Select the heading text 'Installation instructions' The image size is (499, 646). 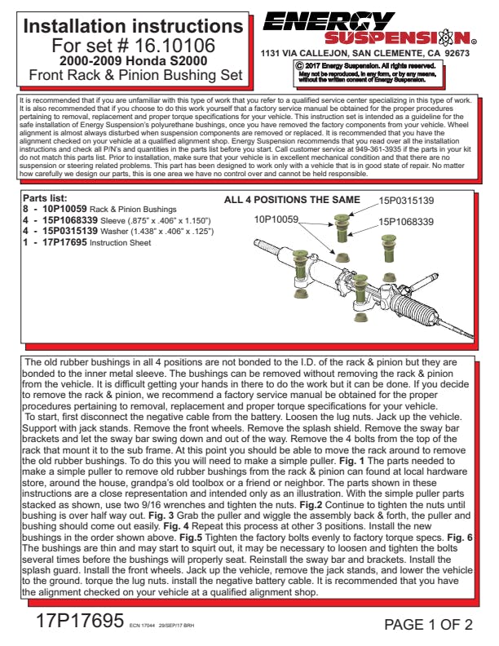pos(134,26)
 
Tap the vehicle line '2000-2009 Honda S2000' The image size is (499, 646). pos(134,60)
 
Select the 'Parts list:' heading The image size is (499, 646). pos(45,198)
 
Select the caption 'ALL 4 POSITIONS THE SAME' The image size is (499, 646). pos(291,200)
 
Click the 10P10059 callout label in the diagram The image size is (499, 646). pos(276,219)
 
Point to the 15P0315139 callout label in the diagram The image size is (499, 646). pos(405,200)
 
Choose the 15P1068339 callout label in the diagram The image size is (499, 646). pos(405,220)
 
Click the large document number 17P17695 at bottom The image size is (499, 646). pos(79,621)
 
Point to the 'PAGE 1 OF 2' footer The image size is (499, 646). pos(428,626)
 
